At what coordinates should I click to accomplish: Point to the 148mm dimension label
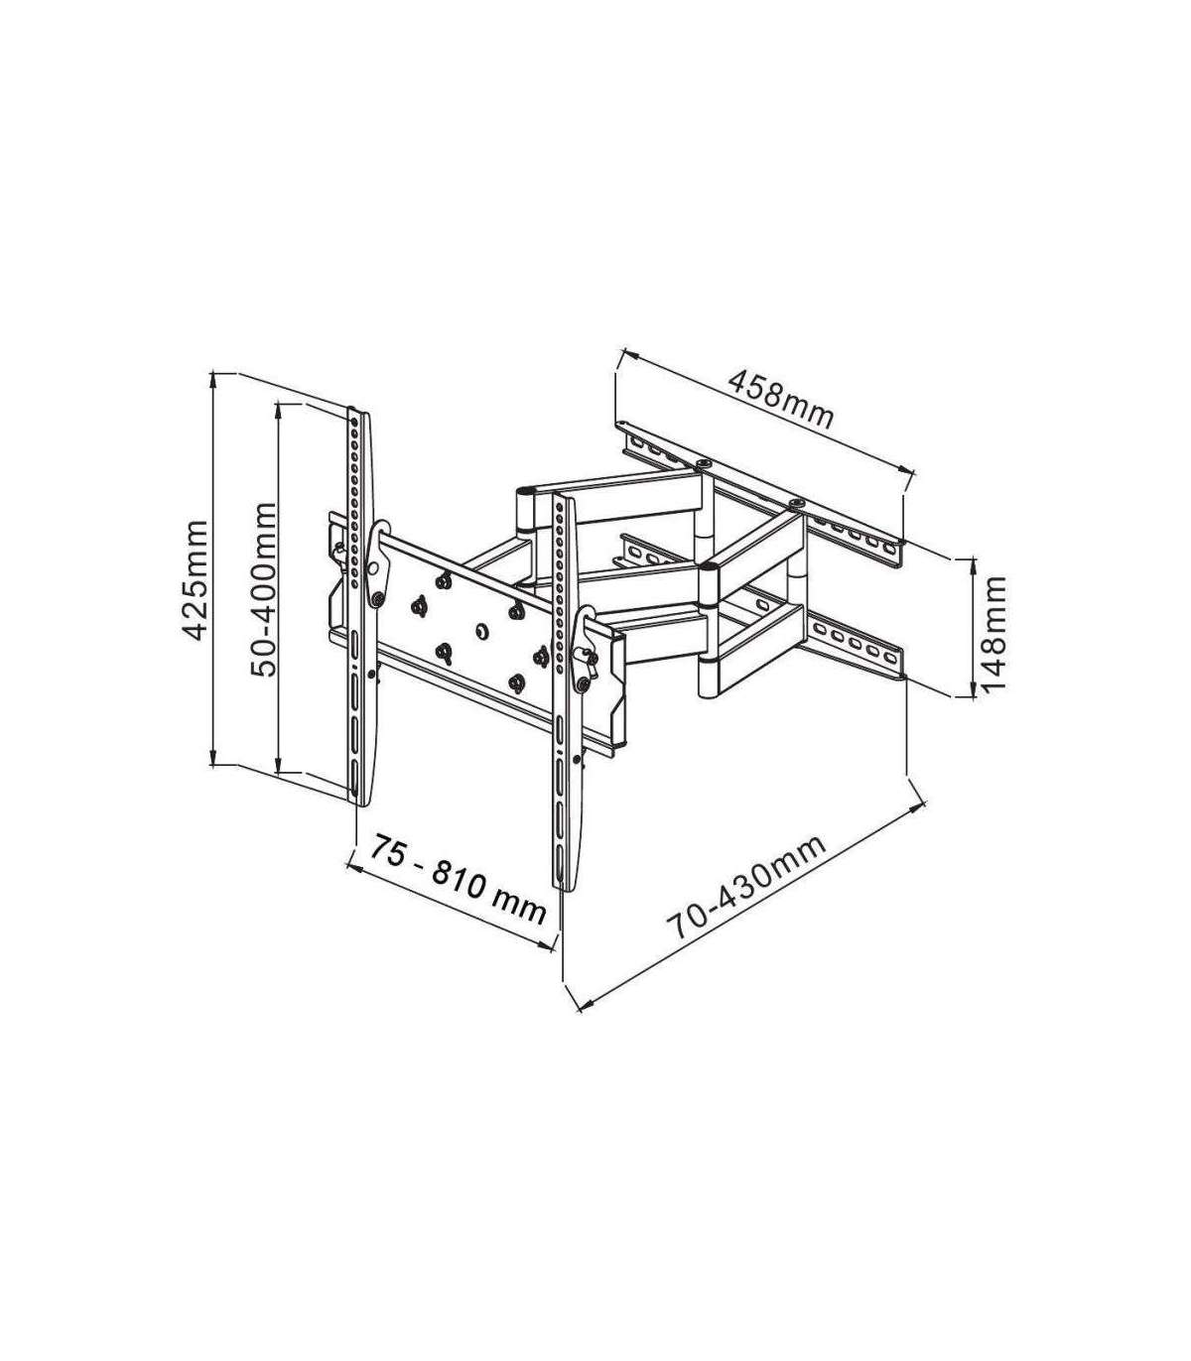[992, 635]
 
